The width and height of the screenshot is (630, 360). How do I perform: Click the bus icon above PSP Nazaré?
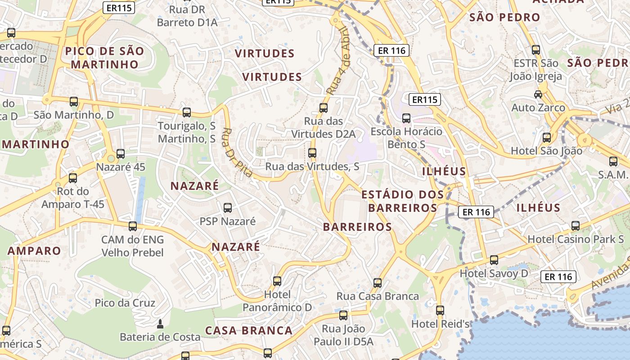228,207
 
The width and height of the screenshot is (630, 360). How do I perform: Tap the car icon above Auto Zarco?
538,94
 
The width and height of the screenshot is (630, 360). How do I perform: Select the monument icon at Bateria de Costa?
160,324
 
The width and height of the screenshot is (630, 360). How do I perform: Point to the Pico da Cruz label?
125,303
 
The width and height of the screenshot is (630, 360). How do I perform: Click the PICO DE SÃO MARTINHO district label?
104,58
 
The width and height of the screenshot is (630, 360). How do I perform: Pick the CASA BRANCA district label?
249,330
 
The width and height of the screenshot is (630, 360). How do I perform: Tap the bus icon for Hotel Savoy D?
494,260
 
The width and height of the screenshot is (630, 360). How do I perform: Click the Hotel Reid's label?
441,324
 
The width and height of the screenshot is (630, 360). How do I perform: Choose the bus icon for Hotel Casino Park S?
576,225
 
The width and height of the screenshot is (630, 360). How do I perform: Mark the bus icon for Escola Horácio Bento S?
406,118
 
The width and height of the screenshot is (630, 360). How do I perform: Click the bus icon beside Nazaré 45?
121,154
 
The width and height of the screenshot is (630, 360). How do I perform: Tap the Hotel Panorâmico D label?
277,301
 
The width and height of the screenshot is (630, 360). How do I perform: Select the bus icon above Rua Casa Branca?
378,283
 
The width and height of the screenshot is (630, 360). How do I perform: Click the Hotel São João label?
546,151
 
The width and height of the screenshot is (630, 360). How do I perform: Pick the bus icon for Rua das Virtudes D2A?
324,108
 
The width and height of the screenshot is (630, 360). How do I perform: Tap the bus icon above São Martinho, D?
74,102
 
